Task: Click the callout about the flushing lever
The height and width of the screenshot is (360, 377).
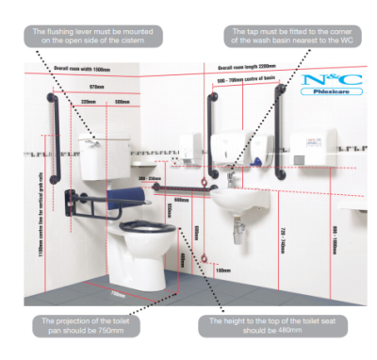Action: (x=95, y=36)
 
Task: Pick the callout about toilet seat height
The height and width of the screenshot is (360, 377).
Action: (x=270, y=327)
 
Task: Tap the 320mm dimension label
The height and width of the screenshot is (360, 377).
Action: (x=90, y=101)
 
